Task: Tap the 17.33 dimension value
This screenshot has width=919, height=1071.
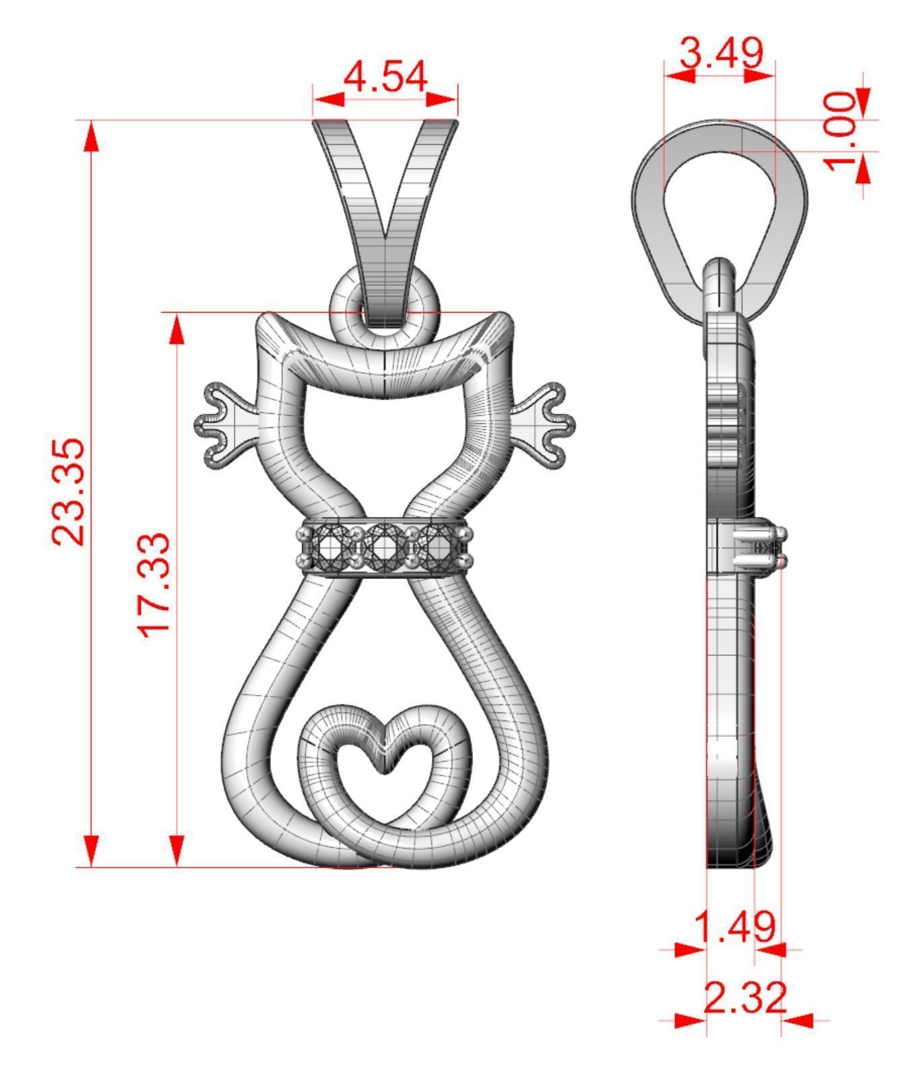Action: [154, 584]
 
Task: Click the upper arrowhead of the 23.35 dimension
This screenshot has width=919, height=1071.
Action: [92, 138]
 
